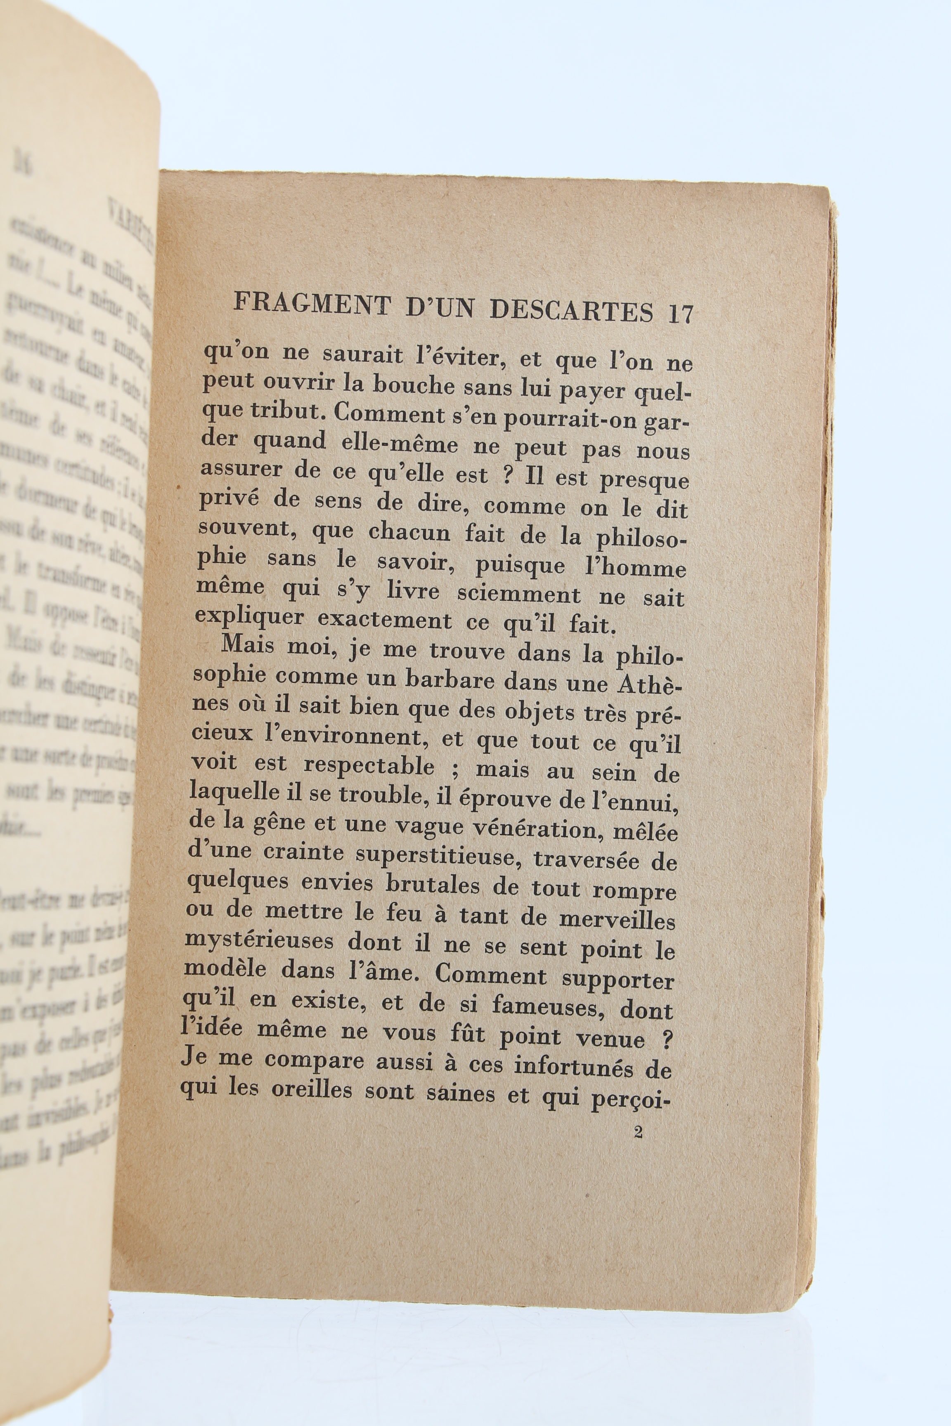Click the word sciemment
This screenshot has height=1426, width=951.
click(518, 593)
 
